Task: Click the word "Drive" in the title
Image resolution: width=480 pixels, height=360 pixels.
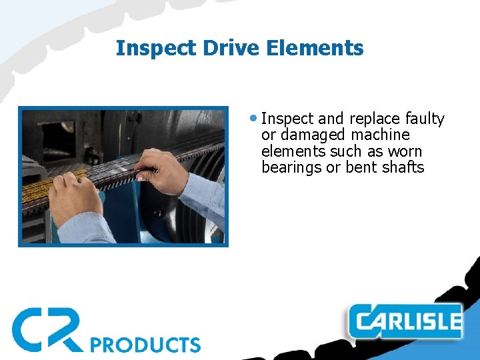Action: pos(223,48)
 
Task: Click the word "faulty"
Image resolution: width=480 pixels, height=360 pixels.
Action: pos(425,119)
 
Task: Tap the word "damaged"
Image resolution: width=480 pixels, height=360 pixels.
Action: pos(313,135)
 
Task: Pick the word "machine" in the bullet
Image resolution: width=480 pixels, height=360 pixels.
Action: pos(381,135)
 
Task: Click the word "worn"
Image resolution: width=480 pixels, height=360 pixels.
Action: pos(405,151)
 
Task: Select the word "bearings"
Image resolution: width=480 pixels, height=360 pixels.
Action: pos(291,168)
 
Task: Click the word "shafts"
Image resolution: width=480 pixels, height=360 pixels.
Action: pos(403,167)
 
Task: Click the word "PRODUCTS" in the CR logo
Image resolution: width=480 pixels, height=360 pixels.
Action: pos(145,345)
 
